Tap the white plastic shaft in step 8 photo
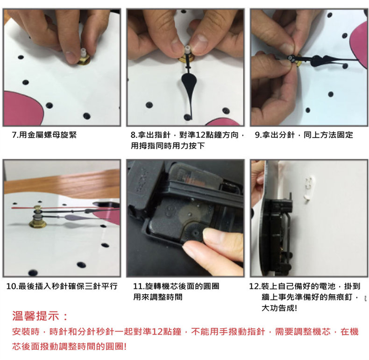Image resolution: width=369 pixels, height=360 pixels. (x=187, y=49)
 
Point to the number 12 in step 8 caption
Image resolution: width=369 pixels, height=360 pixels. (x=200, y=135)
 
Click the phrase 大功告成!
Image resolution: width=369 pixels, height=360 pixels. (x=279, y=308)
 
